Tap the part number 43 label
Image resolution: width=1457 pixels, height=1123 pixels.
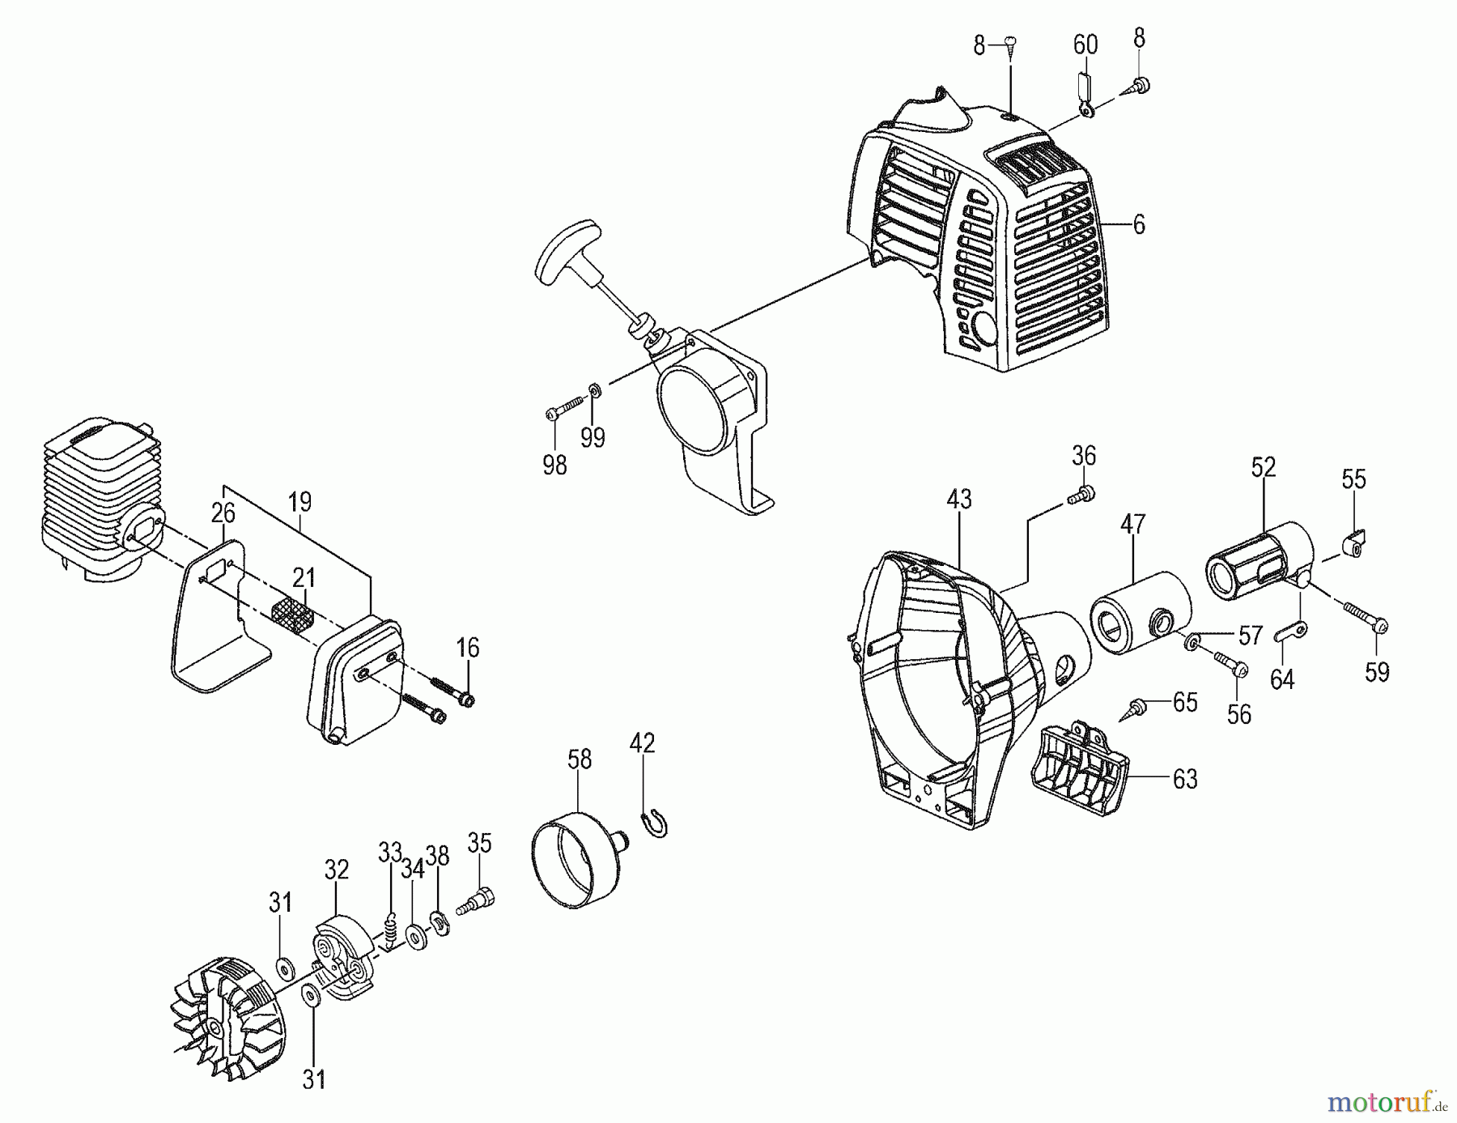point(959,500)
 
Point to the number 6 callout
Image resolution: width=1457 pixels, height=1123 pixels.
point(1139,224)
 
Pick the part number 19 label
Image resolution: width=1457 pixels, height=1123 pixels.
point(299,502)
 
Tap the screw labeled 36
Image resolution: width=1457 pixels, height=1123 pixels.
point(1081,495)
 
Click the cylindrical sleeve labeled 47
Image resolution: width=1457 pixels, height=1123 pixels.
point(1141,613)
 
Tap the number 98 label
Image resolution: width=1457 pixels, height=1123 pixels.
point(554,465)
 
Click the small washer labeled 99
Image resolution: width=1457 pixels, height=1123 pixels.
point(593,392)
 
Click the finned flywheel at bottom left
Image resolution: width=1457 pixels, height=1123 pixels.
point(231,1020)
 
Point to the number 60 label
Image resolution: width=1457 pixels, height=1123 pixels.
point(1085,45)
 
